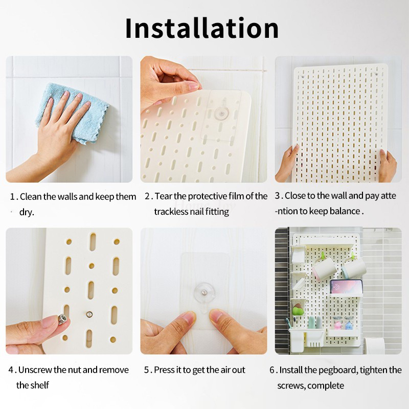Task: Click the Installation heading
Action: pos(202,28)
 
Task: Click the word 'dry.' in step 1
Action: pos(27,212)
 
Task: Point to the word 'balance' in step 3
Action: pos(345,211)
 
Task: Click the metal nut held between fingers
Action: pos(62,319)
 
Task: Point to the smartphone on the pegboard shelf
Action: pos(346,287)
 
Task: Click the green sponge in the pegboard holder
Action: pos(299,310)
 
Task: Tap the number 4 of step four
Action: pos(11,370)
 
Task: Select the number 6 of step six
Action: pos(272,370)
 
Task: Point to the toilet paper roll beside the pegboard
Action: pos(374,346)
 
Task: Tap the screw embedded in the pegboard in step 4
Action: pos(89,314)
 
